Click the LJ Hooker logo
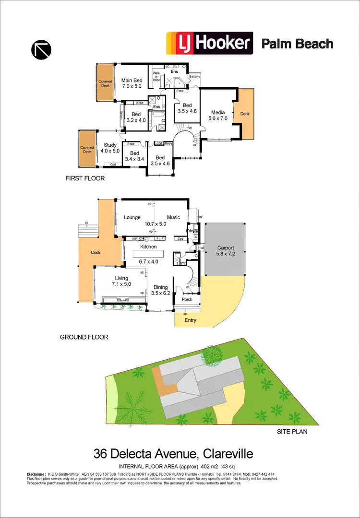[x=209, y=43]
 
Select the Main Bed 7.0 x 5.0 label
[x=132, y=83]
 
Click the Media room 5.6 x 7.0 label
[x=217, y=115]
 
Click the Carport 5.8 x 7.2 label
[x=225, y=251]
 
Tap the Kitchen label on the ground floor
[x=148, y=247]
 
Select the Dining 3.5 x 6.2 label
[x=160, y=291]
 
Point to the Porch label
[x=187, y=299]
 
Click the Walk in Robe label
[x=156, y=77]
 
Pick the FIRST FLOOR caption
[x=85, y=178]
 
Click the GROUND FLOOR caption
[x=84, y=337]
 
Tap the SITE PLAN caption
[x=292, y=432]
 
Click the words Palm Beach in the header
[x=297, y=44]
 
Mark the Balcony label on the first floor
[x=194, y=76]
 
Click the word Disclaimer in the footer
[x=36, y=474]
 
